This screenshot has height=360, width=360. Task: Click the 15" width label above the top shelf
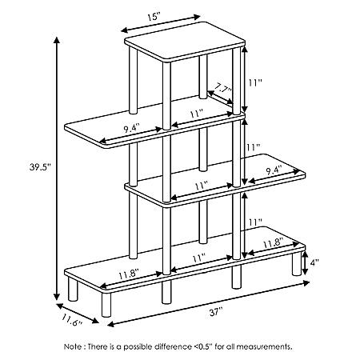coord(154,18)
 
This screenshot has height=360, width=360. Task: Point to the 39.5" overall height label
coord(40,167)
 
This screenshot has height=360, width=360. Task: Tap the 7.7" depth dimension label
coord(223,87)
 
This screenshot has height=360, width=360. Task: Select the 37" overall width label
coord(216,312)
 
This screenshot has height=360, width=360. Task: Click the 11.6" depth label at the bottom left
coord(72,320)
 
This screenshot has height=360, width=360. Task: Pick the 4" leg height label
coord(314,262)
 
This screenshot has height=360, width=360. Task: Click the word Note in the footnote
coord(73,346)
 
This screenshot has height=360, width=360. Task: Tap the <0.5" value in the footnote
coord(202,346)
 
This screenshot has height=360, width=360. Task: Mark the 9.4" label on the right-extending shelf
coord(274,170)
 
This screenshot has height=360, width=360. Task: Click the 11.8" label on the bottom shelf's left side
coord(129,274)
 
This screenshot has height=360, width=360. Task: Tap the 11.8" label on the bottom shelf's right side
coord(273,243)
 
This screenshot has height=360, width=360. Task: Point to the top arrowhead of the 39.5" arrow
coord(56,39)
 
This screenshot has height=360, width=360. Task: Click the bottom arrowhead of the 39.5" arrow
coord(56,297)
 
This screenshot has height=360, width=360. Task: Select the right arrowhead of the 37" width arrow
coord(306,283)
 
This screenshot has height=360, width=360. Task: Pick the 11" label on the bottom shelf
coord(199,258)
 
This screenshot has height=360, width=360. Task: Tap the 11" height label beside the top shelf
coord(255,82)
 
